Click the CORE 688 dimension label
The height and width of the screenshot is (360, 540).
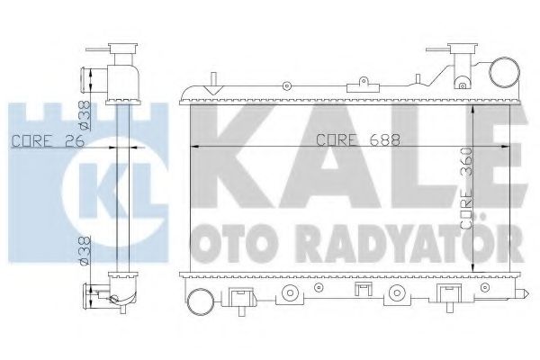tap(347, 139)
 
